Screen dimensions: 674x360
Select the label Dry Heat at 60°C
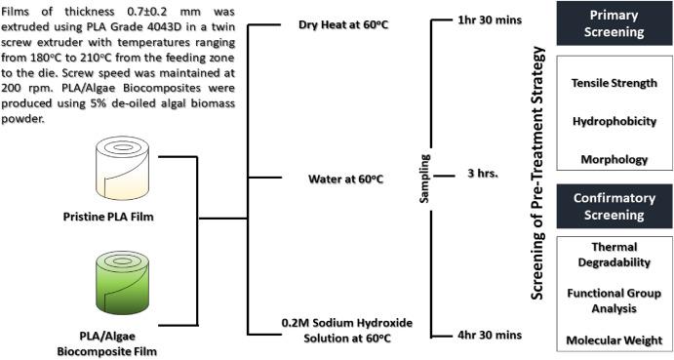[343, 25]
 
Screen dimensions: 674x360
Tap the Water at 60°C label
[345, 179]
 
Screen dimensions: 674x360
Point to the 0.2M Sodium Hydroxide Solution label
[347, 331]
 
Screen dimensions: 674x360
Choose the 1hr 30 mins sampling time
[490, 20]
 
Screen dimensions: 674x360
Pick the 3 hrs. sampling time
[483, 174]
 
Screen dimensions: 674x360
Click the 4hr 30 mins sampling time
[490, 335]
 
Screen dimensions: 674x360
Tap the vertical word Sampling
[424, 179]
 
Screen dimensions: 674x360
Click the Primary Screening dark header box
[615, 23]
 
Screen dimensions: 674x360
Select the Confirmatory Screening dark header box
[615, 207]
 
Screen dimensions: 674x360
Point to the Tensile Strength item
[615, 83]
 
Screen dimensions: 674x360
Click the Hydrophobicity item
[615, 121]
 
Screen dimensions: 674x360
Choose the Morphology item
[615, 160]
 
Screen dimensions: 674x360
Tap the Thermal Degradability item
[615, 255]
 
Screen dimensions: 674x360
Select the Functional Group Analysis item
[615, 300]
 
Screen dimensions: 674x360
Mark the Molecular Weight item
[615, 340]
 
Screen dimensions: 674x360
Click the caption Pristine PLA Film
[108, 217]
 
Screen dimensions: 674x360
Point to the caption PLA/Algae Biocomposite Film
[107, 343]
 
